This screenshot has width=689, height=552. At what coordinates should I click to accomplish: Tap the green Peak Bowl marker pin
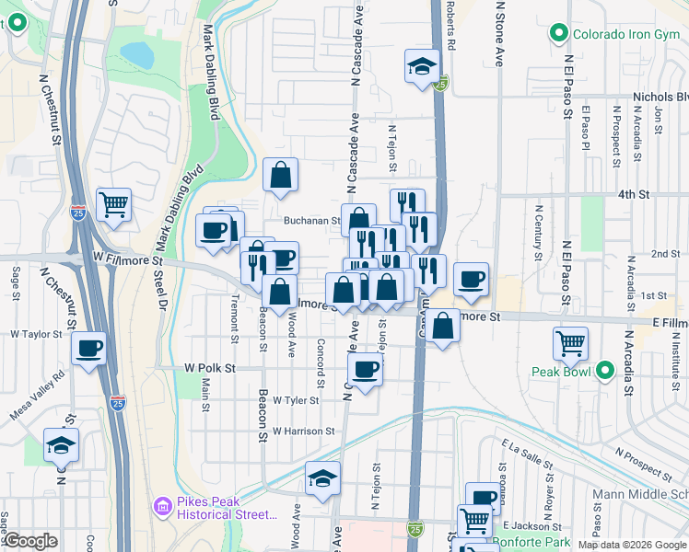(605, 372)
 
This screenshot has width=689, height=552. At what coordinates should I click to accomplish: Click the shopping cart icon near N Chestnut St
(113, 204)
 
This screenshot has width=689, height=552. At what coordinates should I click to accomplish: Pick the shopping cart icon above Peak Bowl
(571, 344)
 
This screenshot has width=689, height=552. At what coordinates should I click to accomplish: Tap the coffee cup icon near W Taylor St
(89, 349)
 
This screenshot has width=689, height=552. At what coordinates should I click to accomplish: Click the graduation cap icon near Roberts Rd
(422, 66)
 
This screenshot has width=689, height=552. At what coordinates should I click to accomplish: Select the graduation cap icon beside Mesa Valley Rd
(62, 446)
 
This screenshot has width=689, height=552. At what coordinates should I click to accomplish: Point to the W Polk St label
(210, 368)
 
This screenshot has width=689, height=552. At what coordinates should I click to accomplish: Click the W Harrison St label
(303, 431)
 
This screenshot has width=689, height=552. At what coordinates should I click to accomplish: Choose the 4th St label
(634, 195)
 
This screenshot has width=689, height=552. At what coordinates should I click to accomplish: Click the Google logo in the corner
(30, 541)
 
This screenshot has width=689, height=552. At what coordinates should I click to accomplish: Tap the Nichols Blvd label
(660, 97)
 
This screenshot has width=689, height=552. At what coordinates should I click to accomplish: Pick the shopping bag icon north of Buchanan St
(281, 174)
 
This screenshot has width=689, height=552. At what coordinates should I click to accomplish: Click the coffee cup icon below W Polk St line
(366, 370)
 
